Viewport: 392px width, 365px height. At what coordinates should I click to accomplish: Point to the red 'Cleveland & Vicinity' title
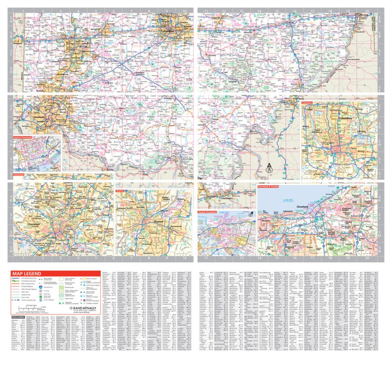(x=269, y=187)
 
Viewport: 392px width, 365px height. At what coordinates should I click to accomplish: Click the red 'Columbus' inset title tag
(x=309, y=102)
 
